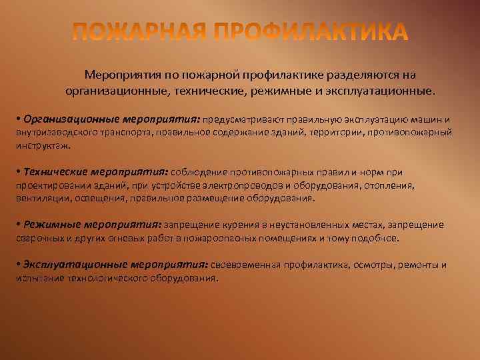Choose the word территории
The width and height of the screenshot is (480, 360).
[331, 132]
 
